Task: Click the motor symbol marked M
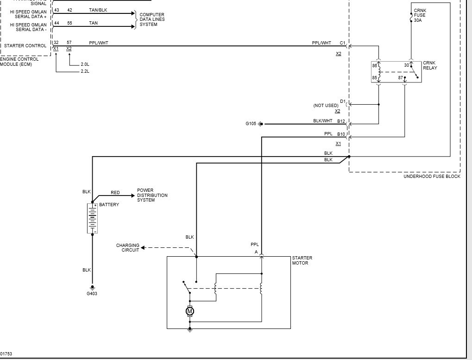[189, 311]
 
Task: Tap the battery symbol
[93, 218]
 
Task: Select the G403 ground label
[92, 293]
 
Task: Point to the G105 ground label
[251, 123]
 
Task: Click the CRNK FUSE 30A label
[420, 15]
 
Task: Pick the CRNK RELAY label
[430, 65]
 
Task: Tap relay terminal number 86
[374, 65]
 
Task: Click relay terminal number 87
[400, 78]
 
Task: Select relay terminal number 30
[406, 65]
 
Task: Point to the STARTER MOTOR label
[302, 260]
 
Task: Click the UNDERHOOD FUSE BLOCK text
[432, 177]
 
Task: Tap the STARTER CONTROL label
[25, 46]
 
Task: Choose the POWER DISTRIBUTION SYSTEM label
[152, 195]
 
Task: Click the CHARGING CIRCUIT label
[128, 248]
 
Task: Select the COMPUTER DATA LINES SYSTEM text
[152, 19]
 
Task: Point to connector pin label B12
[341, 121]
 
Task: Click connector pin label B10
[341, 134]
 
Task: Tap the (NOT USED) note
[326, 105]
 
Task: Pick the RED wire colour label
[115, 193]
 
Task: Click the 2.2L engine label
[85, 71]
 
